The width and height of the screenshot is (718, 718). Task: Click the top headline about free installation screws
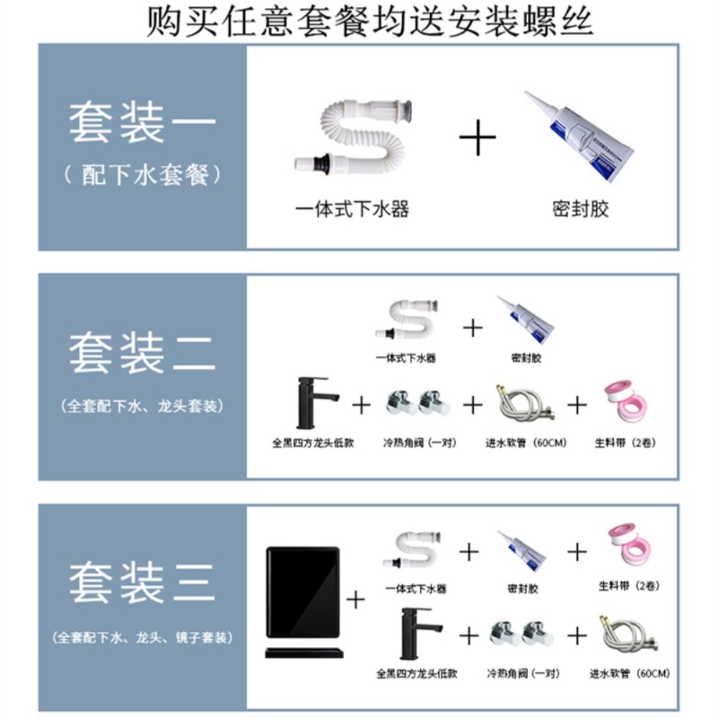point(369,21)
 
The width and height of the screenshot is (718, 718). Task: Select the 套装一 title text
point(142,123)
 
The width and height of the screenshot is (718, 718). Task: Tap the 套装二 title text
point(142,353)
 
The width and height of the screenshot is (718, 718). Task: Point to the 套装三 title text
point(142,583)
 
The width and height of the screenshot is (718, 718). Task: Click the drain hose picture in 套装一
point(353,137)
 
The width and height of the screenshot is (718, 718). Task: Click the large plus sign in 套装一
point(477,137)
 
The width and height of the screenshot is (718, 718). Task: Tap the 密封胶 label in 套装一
point(580,209)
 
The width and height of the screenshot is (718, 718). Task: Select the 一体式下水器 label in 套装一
point(352,209)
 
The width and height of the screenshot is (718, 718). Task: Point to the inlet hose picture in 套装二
point(524,404)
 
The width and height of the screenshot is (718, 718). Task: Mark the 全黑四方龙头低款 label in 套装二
point(313,443)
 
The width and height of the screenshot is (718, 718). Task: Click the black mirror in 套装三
point(303,592)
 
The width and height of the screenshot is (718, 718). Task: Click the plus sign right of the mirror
point(356,600)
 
